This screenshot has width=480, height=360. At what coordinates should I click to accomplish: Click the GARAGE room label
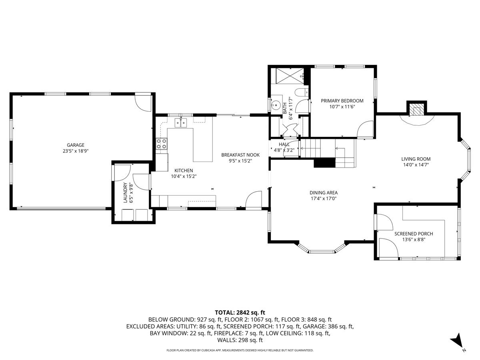point(76,145)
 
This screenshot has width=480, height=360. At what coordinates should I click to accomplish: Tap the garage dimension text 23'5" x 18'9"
point(76,151)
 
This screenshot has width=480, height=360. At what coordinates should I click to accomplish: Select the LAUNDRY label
point(125,193)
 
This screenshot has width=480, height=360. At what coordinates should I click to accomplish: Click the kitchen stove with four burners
point(161,144)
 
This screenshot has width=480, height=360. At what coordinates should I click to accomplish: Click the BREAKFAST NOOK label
point(241,155)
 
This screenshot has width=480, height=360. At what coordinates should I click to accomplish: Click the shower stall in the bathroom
point(288,76)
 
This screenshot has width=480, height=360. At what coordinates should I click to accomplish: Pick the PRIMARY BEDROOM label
point(342,101)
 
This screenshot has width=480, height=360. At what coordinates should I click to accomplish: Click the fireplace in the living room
point(417,110)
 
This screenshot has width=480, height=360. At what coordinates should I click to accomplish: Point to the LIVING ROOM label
point(416,159)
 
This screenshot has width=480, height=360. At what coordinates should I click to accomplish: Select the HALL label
point(284,144)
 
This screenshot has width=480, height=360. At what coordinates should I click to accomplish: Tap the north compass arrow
point(457,342)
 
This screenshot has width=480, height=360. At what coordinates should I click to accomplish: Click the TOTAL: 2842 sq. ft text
point(240,312)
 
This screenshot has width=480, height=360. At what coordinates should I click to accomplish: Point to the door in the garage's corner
point(142,102)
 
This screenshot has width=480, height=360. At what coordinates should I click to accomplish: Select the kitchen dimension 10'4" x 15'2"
point(184,176)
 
